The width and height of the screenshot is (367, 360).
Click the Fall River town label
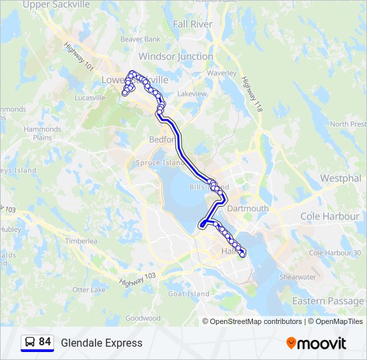point(193,24)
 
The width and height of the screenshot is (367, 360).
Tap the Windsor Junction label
point(175,57)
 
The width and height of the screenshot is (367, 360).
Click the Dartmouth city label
point(248,209)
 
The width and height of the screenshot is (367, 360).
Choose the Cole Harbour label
point(330,217)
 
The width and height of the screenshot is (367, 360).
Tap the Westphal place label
point(340,179)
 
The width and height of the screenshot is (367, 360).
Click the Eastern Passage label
point(328,301)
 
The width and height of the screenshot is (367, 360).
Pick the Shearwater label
point(298,277)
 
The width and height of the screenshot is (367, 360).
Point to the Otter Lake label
point(89,290)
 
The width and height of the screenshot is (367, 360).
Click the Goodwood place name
point(143,318)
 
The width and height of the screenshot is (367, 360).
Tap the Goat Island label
point(189,294)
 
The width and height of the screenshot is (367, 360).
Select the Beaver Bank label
point(140,39)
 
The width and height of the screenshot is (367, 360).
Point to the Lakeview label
point(192,94)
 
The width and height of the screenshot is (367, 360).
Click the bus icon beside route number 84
point(29,343)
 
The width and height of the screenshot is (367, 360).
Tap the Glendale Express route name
point(101,343)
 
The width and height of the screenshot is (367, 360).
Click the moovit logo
point(316,343)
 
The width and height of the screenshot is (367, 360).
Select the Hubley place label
point(11,229)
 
